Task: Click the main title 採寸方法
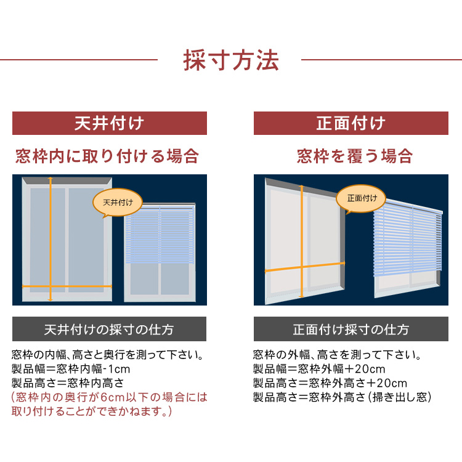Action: click(x=231, y=60)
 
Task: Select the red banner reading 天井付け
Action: click(x=110, y=123)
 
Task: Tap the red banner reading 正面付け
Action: click(x=351, y=123)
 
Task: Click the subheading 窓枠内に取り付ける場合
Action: click(x=107, y=156)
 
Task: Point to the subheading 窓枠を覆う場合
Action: click(x=355, y=156)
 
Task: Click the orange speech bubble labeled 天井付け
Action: click(x=118, y=203)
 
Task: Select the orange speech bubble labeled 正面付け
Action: click(x=361, y=198)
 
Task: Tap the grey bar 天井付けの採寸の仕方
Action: click(x=109, y=329)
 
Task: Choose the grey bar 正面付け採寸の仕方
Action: click(x=351, y=329)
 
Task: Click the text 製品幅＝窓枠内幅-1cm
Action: click(x=71, y=369)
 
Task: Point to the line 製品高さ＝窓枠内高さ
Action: click(x=68, y=383)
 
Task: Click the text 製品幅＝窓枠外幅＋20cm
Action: click(x=319, y=369)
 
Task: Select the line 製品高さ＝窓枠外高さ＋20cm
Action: click(x=330, y=383)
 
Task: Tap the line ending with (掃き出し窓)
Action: click(x=342, y=397)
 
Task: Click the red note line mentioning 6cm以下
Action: click(x=109, y=397)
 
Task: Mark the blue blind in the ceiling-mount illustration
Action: click(x=160, y=234)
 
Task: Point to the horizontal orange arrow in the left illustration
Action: click(x=67, y=286)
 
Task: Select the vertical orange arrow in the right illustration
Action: click(x=301, y=241)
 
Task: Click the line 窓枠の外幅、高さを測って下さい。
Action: click(x=338, y=355)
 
